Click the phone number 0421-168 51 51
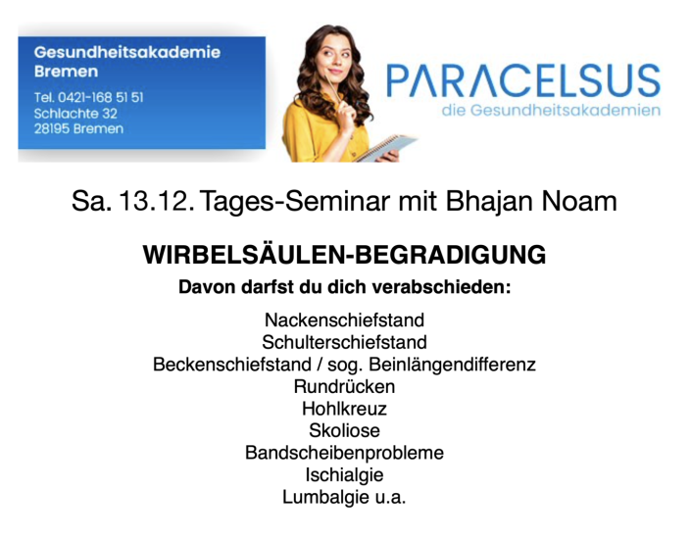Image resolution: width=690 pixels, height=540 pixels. (101, 97)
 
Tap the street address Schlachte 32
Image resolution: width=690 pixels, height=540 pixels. (75, 114)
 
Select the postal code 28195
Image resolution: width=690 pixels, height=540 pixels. (52, 129)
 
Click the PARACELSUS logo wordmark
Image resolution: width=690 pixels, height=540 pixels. (523, 80)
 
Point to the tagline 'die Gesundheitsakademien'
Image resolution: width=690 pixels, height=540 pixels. (551, 110)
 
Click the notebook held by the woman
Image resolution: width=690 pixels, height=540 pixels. (385, 147)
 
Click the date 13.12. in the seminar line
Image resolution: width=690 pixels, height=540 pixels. (157, 201)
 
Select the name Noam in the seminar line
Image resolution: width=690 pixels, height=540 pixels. (579, 201)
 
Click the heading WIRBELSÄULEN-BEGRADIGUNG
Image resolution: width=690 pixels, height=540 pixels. (345, 255)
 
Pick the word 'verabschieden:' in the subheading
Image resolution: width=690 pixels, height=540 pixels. (441, 287)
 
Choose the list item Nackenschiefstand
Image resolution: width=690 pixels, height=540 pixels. (345, 319)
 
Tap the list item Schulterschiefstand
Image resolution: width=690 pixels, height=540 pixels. (345, 342)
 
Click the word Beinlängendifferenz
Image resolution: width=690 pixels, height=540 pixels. (453, 365)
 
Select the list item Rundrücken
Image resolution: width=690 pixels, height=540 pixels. (345, 386)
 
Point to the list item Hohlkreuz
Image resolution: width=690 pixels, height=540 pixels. (345, 409)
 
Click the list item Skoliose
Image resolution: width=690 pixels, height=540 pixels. (345, 430)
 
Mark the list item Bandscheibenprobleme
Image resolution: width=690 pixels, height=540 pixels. (345, 453)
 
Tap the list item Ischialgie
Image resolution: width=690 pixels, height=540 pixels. (345, 475)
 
